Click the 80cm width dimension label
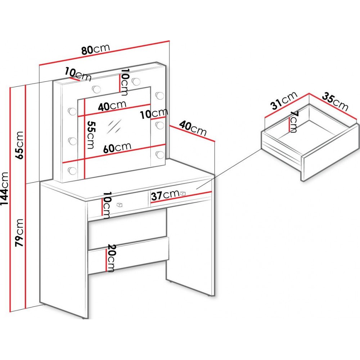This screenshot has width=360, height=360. click(96, 49)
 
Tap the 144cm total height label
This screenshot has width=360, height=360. click(5, 189)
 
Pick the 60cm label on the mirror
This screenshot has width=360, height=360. click(117, 148)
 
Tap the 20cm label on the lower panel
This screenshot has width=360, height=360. click(111, 258)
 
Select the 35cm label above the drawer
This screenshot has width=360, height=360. click(335, 101)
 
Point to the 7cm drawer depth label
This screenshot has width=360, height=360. click(293, 122)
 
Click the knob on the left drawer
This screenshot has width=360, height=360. click(120, 205)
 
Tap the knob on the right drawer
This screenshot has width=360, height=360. click(183, 193)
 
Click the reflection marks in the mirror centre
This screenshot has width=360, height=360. click(114, 126)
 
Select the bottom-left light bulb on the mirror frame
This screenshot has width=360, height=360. click(72, 171)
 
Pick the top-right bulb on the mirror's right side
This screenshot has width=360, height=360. click(159, 95)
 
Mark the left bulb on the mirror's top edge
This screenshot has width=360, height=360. click(96, 89)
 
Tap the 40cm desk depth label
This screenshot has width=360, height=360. click(193, 129)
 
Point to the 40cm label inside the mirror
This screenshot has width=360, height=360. click(112, 106)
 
